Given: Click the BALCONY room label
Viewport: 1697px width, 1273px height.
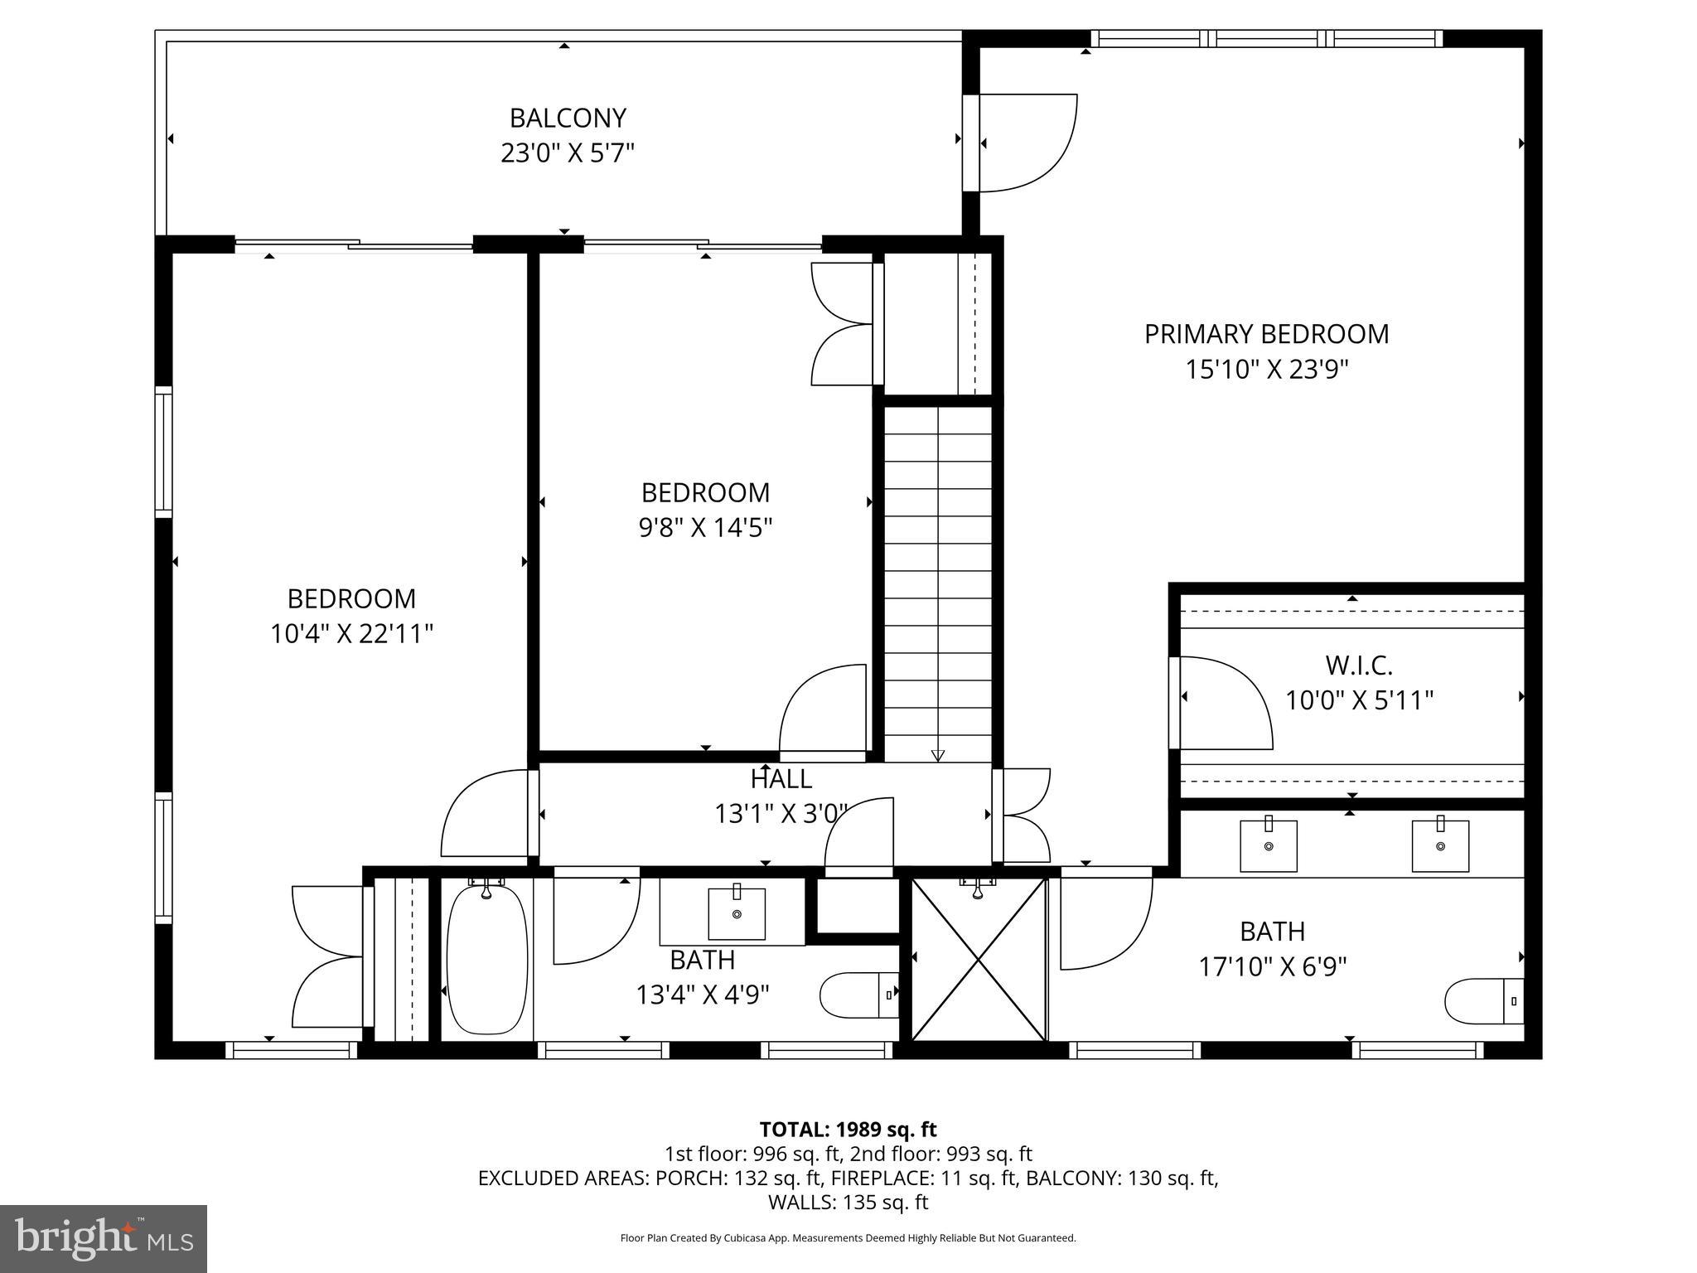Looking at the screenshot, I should (567, 119).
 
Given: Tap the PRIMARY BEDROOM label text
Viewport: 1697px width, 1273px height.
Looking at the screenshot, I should (1266, 334).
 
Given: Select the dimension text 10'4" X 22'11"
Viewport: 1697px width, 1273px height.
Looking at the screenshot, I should (351, 634).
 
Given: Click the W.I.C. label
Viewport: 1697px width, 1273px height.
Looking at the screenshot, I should (1358, 665).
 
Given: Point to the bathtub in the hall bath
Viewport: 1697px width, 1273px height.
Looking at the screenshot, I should (486, 960).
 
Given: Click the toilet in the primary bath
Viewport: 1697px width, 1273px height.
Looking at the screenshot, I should (1482, 1001).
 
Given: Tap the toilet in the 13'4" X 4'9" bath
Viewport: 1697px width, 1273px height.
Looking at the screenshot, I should (858, 995).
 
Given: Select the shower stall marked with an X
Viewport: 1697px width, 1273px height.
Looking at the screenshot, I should (979, 960).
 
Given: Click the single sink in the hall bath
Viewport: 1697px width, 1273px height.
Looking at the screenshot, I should (736, 914).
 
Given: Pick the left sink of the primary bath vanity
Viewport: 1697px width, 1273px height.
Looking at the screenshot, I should (1268, 846).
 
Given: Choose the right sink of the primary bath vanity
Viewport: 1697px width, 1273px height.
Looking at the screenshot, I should (1440, 846).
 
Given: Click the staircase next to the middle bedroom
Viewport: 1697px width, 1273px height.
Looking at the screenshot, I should (937, 580).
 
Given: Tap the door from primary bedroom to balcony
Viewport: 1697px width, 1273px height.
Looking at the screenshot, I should (1023, 143).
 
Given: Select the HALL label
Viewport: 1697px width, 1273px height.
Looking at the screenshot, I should (781, 779).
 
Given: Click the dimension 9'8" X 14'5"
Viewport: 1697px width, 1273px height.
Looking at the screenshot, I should (705, 528).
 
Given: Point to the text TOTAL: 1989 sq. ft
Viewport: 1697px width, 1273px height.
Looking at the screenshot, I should (848, 1130).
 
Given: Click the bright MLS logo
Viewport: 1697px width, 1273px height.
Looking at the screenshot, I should (104, 1239).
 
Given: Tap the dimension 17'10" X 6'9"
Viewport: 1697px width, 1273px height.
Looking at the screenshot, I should (1272, 966).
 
